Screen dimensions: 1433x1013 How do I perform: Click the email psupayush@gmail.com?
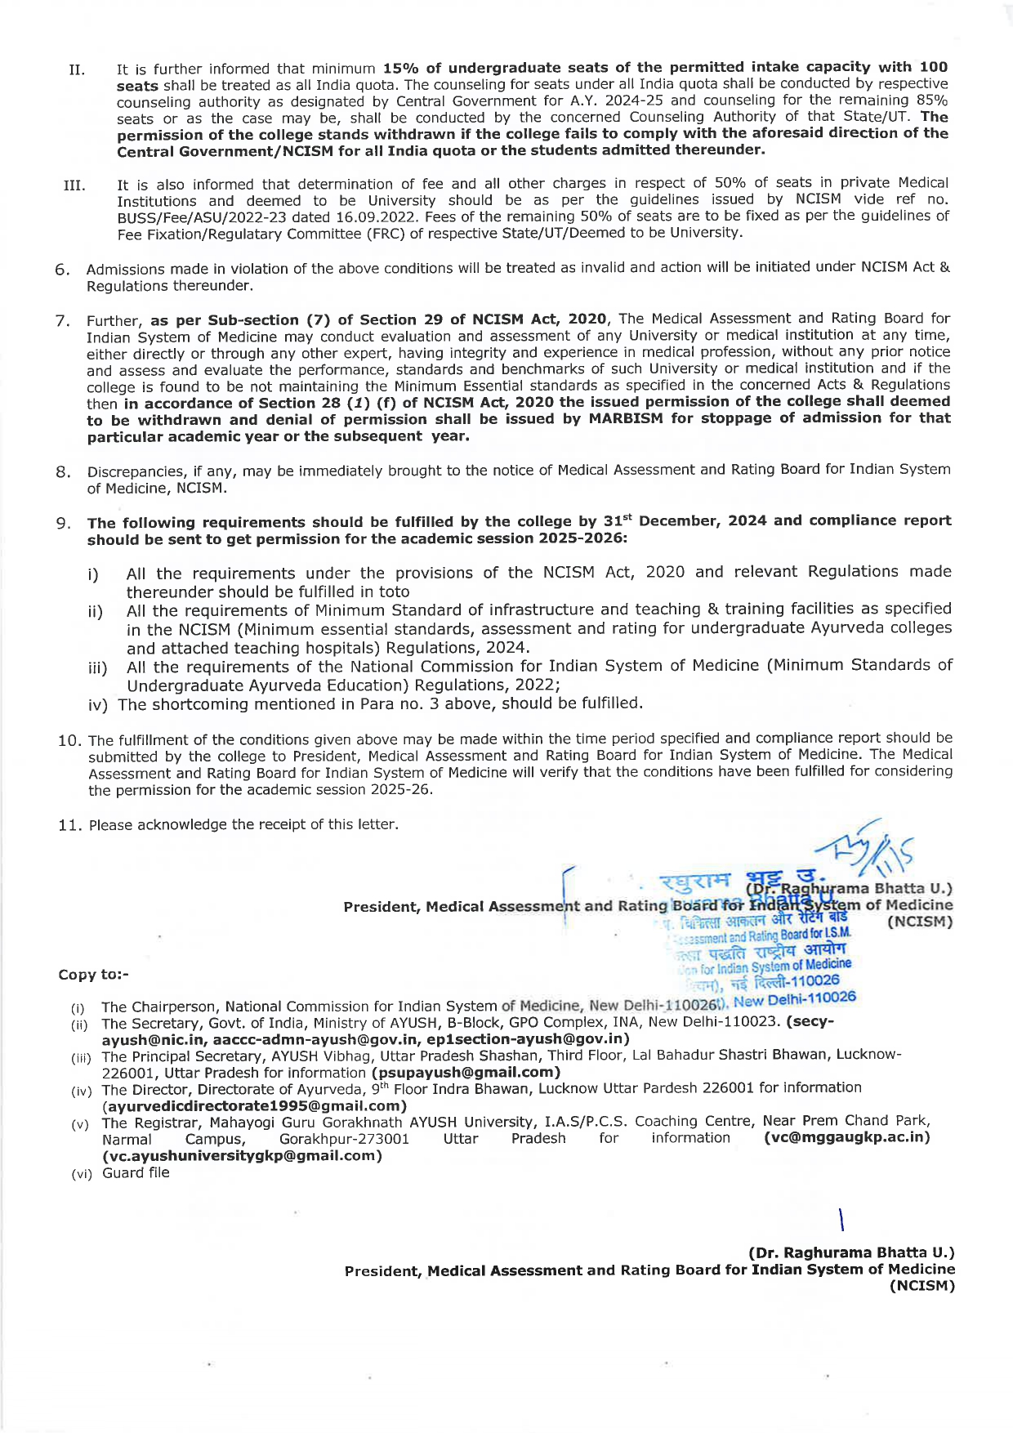tap(466, 1072)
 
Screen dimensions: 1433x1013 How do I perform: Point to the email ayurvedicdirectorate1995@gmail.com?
tap(254, 1105)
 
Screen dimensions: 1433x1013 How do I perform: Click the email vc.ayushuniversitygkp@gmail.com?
tap(242, 1155)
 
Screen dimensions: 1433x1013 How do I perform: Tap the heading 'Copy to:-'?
tap(93, 975)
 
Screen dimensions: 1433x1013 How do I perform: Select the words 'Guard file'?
tap(136, 1172)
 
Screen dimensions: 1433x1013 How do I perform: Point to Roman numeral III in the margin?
tap(74, 185)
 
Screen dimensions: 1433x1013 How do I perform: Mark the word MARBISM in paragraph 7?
tap(629, 418)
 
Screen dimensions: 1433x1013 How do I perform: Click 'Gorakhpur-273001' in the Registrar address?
tap(344, 1139)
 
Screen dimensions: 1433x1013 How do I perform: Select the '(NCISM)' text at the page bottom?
tap(922, 1286)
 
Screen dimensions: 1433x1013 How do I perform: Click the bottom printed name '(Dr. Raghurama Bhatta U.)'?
tap(851, 1252)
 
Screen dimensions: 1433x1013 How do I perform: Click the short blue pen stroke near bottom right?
tap(841, 1220)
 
